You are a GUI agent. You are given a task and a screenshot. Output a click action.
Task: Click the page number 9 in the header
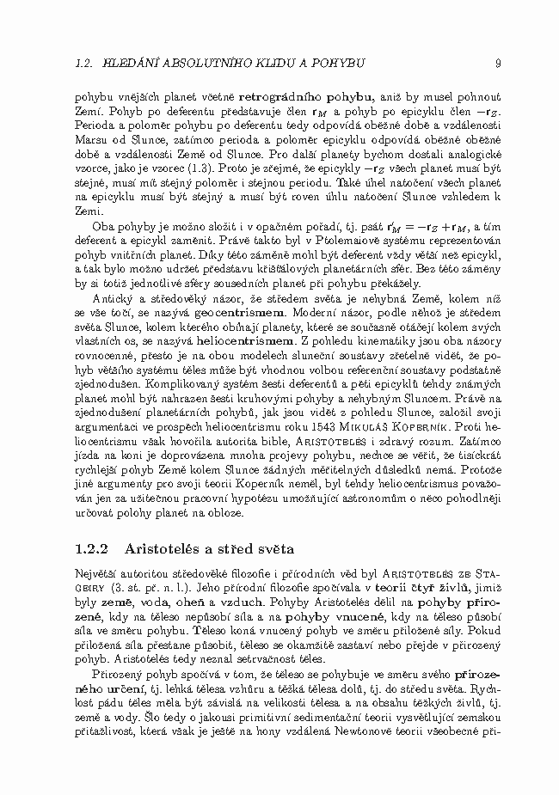click(x=486, y=63)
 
